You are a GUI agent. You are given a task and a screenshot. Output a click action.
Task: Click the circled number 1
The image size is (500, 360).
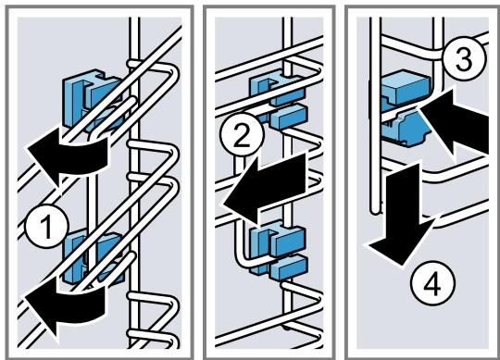click(x=47, y=227)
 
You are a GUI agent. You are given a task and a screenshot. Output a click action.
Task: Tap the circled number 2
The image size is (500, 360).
click(x=242, y=136)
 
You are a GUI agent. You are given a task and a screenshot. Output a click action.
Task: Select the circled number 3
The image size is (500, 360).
click(x=463, y=59)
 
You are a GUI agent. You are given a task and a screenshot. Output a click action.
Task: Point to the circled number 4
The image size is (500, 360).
click(x=432, y=283)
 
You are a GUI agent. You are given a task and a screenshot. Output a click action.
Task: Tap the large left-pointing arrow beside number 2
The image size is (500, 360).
click(x=265, y=188)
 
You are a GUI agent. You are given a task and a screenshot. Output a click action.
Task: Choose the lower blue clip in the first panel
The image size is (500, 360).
click(x=93, y=258)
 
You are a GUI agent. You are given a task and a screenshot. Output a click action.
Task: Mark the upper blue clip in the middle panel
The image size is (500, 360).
click(x=278, y=100)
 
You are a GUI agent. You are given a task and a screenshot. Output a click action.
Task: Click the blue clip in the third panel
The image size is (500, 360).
click(x=406, y=108)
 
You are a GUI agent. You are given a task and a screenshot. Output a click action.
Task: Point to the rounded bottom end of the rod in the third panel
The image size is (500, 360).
click(x=375, y=210)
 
